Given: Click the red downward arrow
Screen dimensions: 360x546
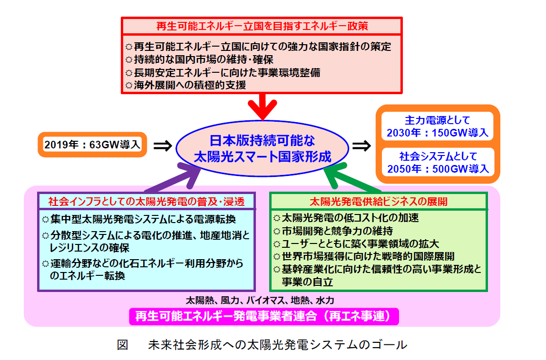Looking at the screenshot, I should [x=262, y=107].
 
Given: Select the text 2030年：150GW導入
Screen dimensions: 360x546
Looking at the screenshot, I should [x=438, y=133].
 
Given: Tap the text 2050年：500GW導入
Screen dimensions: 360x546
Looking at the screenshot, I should [x=438, y=168].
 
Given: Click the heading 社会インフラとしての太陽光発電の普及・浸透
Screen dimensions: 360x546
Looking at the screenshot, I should [x=146, y=202].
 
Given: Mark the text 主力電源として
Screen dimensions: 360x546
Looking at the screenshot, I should [x=438, y=121].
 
